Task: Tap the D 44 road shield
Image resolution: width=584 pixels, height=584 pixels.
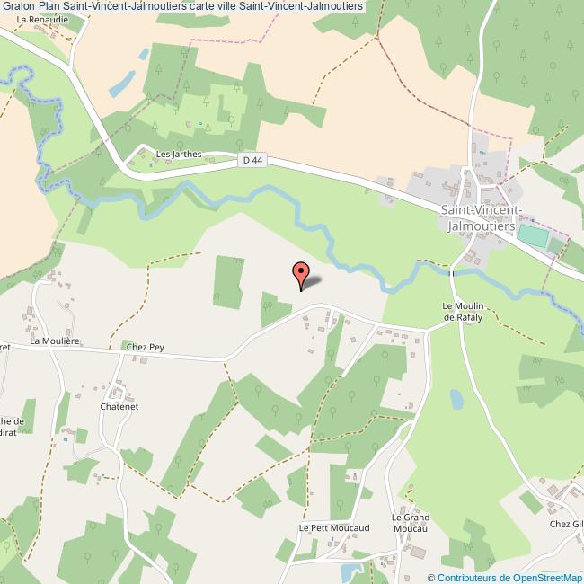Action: point(252,159)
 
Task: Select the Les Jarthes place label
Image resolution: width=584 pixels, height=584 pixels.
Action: point(179,154)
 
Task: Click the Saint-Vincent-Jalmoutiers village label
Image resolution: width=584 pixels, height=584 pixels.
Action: point(478,218)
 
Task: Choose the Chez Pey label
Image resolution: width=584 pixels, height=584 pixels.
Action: point(146,346)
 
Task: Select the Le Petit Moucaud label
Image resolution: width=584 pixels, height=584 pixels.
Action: point(329,528)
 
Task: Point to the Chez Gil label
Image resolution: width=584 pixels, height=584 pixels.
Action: point(566,524)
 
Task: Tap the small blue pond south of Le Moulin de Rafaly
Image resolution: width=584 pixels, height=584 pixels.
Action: point(456,399)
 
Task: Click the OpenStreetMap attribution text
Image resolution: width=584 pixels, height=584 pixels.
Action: point(505,577)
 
